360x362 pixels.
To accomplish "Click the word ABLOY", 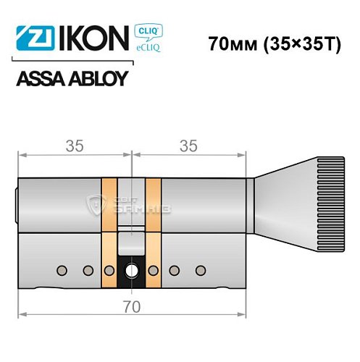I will coord(97,78).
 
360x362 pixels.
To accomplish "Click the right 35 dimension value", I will coord(188,146).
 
